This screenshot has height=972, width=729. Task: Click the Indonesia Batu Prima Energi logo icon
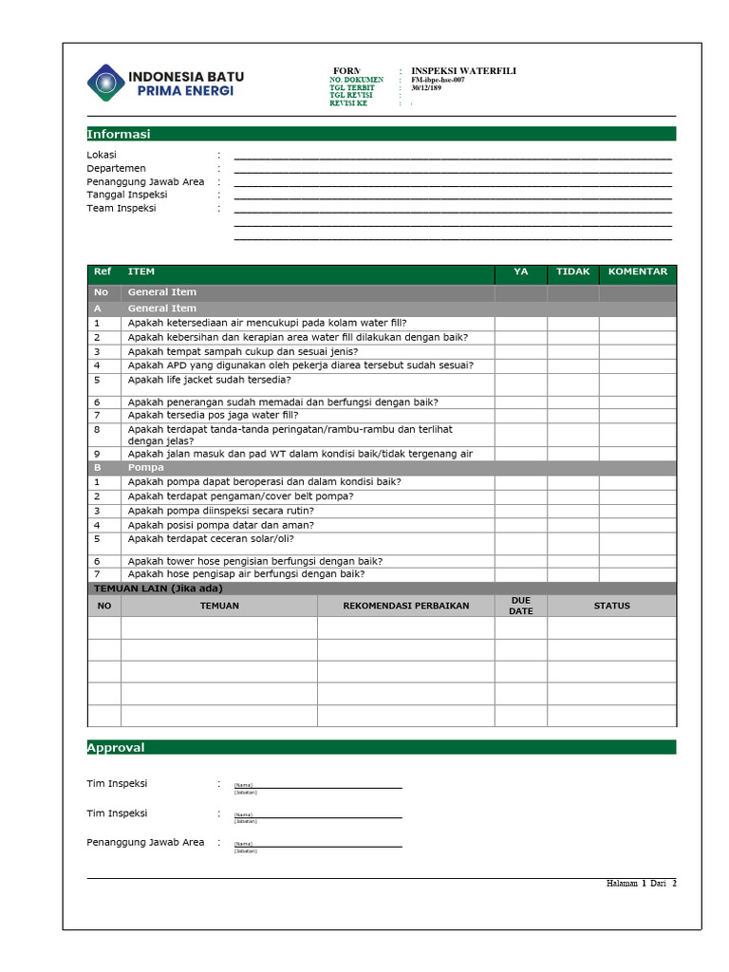[105, 82]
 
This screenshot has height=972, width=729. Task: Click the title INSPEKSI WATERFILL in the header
[463, 71]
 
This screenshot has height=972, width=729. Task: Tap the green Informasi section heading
[119, 134]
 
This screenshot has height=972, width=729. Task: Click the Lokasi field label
[102, 155]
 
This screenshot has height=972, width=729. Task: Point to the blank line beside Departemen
[452, 171]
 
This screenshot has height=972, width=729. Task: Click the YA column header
[520, 271]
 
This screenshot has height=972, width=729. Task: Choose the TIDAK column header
[572, 271]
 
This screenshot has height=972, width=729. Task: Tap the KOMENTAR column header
[637, 271]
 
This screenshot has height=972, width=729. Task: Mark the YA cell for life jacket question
[520, 384]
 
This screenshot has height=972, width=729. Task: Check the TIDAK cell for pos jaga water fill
[572, 415]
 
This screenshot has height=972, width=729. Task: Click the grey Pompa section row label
[146, 467]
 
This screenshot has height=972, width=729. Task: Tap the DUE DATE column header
[520, 606]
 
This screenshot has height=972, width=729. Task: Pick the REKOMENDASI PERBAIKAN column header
[405, 606]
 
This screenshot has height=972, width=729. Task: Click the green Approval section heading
[116, 747]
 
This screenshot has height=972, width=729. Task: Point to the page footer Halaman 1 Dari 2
[641, 884]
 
